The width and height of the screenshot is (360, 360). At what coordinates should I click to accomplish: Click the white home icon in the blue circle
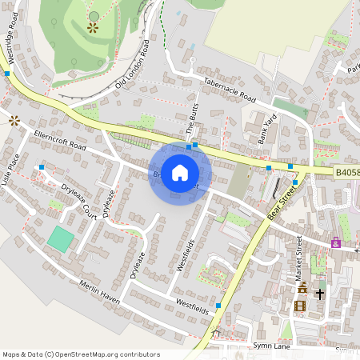pos(180,173)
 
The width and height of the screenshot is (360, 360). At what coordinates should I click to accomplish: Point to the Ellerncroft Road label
pos(60,142)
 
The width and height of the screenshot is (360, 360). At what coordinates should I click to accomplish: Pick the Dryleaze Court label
pos(79,199)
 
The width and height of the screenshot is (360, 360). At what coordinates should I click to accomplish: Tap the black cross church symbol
pos(320,294)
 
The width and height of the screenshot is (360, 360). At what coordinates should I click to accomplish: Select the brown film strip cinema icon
pos(300,306)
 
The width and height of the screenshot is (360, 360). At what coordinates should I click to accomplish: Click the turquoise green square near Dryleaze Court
pos(59,238)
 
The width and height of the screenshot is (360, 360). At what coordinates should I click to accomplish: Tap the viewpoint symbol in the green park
pos(93,27)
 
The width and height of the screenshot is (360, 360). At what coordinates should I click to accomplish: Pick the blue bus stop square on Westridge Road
pos(6,74)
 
